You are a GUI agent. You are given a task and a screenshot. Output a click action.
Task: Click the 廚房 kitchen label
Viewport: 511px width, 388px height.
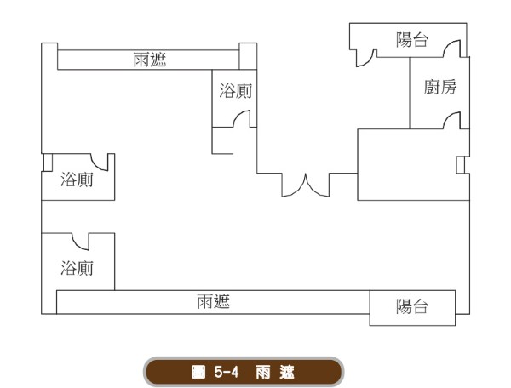click(x=440, y=87)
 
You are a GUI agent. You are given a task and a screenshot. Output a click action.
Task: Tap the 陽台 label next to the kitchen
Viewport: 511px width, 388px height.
click(x=412, y=40)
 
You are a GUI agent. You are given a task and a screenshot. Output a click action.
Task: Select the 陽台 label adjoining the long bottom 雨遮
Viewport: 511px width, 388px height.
click(x=412, y=306)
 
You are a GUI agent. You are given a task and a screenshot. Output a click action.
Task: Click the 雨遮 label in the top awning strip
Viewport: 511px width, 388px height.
click(x=150, y=60)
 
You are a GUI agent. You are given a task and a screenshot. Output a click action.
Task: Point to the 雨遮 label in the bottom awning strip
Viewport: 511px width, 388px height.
click(x=213, y=301)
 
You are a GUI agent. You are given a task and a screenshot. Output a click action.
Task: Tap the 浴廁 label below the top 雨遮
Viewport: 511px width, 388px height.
click(x=236, y=91)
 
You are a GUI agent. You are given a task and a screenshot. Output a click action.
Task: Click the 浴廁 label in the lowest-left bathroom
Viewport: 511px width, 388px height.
click(x=77, y=268)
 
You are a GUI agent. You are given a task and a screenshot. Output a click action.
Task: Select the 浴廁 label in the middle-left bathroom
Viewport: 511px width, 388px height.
click(x=77, y=180)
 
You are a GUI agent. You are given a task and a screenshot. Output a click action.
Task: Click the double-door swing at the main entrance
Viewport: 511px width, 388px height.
click(x=306, y=185)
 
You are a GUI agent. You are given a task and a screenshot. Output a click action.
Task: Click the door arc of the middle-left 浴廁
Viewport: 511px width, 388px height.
click(x=97, y=165)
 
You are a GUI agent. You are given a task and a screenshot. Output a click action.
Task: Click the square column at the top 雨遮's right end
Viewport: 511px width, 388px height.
click(x=248, y=56)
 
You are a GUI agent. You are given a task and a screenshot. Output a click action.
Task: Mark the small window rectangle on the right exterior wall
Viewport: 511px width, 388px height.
click(x=460, y=165)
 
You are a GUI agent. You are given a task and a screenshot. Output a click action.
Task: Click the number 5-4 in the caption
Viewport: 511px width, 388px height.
click(x=227, y=372)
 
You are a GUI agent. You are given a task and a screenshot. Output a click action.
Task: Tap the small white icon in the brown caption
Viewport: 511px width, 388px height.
click(x=198, y=372)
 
